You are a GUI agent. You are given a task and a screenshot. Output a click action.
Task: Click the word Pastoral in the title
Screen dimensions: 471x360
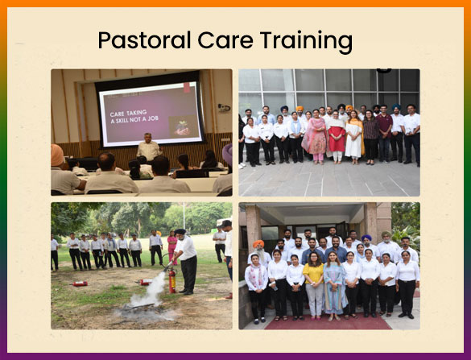144,40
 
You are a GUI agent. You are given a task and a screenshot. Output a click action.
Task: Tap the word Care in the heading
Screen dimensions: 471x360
225,40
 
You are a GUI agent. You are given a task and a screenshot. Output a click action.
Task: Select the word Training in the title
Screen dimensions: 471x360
306,42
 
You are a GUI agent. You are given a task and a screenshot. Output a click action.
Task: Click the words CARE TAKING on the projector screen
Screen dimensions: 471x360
128,114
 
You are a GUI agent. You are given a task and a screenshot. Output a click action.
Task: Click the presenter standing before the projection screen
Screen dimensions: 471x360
149,147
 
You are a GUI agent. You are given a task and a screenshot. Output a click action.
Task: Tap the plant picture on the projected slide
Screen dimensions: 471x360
183,126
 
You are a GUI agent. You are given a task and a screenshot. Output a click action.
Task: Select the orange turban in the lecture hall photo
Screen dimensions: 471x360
57,155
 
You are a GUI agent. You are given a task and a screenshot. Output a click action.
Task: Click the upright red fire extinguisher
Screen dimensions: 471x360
172,280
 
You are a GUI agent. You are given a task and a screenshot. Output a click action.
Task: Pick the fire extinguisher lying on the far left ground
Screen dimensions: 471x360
81,283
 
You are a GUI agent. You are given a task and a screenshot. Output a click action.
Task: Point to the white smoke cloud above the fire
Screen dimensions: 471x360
151,290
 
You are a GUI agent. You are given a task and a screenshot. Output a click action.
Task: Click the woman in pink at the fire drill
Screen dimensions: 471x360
172,247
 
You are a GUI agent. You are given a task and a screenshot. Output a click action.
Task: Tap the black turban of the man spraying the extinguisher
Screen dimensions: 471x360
180,232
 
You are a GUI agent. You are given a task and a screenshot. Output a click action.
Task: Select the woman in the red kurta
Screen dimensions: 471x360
337,136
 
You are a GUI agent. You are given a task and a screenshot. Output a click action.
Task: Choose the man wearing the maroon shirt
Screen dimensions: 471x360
384,133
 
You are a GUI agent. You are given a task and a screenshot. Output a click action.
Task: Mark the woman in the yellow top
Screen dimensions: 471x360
313,285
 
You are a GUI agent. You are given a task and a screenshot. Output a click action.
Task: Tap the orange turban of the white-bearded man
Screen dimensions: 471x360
258,243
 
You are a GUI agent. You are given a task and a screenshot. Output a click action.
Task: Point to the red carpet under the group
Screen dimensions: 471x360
328,323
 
